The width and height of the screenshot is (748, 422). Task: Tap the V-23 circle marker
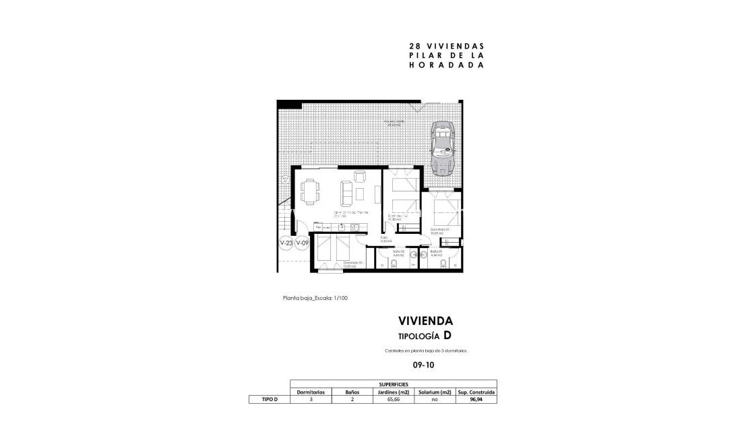(x=286, y=243)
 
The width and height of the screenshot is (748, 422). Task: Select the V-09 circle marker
(x=301, y=243)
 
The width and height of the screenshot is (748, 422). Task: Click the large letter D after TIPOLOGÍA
(x=447, y=335)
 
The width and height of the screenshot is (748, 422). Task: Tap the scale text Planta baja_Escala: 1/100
(x=315, y=298)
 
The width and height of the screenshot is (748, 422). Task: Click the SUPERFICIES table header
(x=393, y=384)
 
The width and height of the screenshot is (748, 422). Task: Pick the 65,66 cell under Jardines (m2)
(x=393, y=399)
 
